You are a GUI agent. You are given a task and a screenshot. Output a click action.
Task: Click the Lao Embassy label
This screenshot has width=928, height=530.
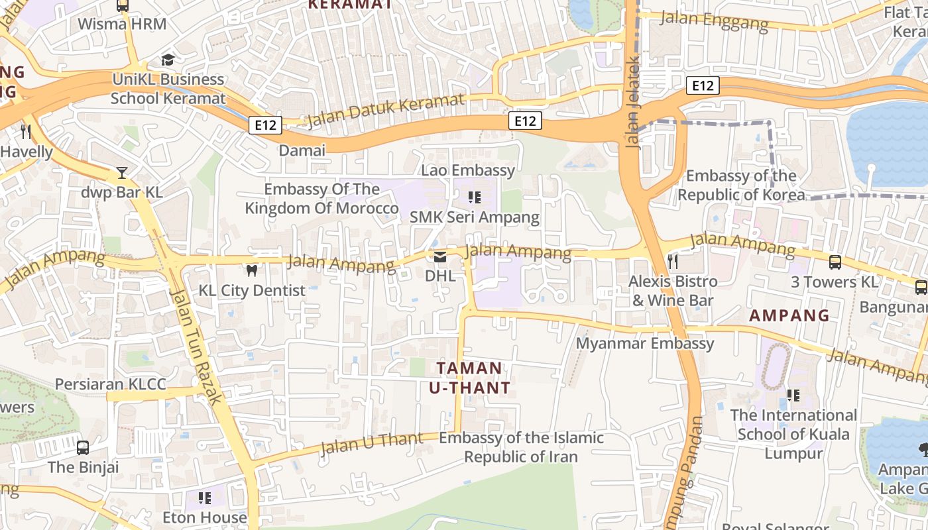468,170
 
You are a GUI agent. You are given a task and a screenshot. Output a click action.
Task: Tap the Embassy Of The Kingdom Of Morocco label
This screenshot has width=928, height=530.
321,199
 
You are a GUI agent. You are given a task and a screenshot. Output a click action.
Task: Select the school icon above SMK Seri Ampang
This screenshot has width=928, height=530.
474,197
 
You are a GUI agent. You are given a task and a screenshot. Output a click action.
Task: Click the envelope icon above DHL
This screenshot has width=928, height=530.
440,256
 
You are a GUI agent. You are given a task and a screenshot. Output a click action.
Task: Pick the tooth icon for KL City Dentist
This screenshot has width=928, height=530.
251,270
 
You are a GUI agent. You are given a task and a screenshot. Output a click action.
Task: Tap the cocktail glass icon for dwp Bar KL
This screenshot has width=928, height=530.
121,173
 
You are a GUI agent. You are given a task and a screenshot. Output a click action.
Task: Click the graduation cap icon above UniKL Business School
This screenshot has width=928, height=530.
168,60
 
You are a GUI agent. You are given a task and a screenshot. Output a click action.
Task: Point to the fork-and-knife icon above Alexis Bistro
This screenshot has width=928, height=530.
672,261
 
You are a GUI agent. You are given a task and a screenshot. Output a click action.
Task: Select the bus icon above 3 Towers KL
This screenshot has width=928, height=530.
835,262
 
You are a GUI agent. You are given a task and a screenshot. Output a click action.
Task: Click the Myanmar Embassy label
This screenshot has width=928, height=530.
645,343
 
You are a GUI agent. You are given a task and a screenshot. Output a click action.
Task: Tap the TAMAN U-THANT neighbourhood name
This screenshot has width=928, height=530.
469,378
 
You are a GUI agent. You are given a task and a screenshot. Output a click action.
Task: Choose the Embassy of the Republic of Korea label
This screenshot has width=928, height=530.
741,185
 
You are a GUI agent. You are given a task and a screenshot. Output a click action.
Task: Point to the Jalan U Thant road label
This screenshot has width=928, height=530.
371,443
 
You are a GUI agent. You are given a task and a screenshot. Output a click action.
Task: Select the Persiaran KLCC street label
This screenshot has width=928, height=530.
111,384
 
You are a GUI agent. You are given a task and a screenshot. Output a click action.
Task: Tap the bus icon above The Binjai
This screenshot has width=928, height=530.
83,447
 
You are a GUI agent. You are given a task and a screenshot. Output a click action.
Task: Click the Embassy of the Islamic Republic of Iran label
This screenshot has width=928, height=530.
521,447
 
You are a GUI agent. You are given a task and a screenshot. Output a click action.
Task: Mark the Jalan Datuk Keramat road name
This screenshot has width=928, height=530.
386,110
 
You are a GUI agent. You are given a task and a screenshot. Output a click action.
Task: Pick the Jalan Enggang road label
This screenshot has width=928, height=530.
715,21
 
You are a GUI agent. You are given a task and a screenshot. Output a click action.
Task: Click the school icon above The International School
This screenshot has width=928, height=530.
793,396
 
